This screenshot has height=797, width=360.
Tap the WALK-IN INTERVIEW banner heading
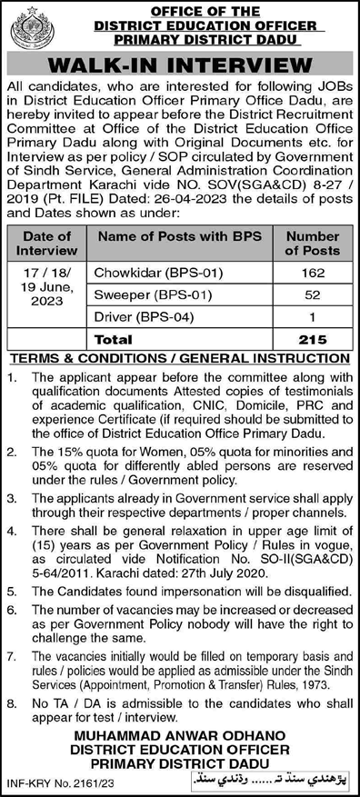pyautogui.click(x=180, y=65)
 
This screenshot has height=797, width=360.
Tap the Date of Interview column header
pyautogui.click(x=45, y=243)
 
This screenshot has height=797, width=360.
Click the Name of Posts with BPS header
pyautogui.click(x=179, y=236)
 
